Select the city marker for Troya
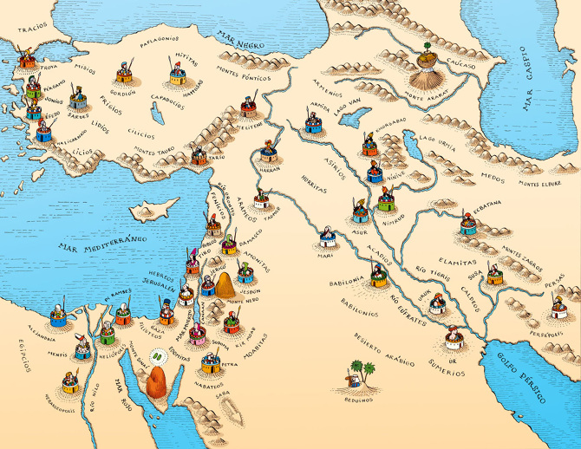click(x=29, y=61)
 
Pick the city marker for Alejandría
click(x=57, y=314)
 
